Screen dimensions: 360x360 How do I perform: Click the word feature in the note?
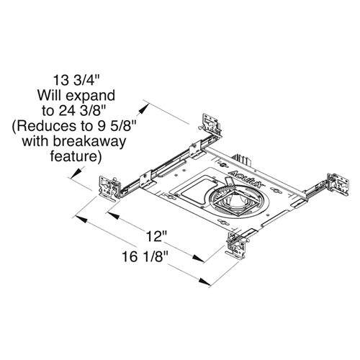point(77,155)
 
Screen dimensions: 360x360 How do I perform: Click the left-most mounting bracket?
point(108,186)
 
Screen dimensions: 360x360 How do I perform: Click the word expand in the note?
point(94,94)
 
